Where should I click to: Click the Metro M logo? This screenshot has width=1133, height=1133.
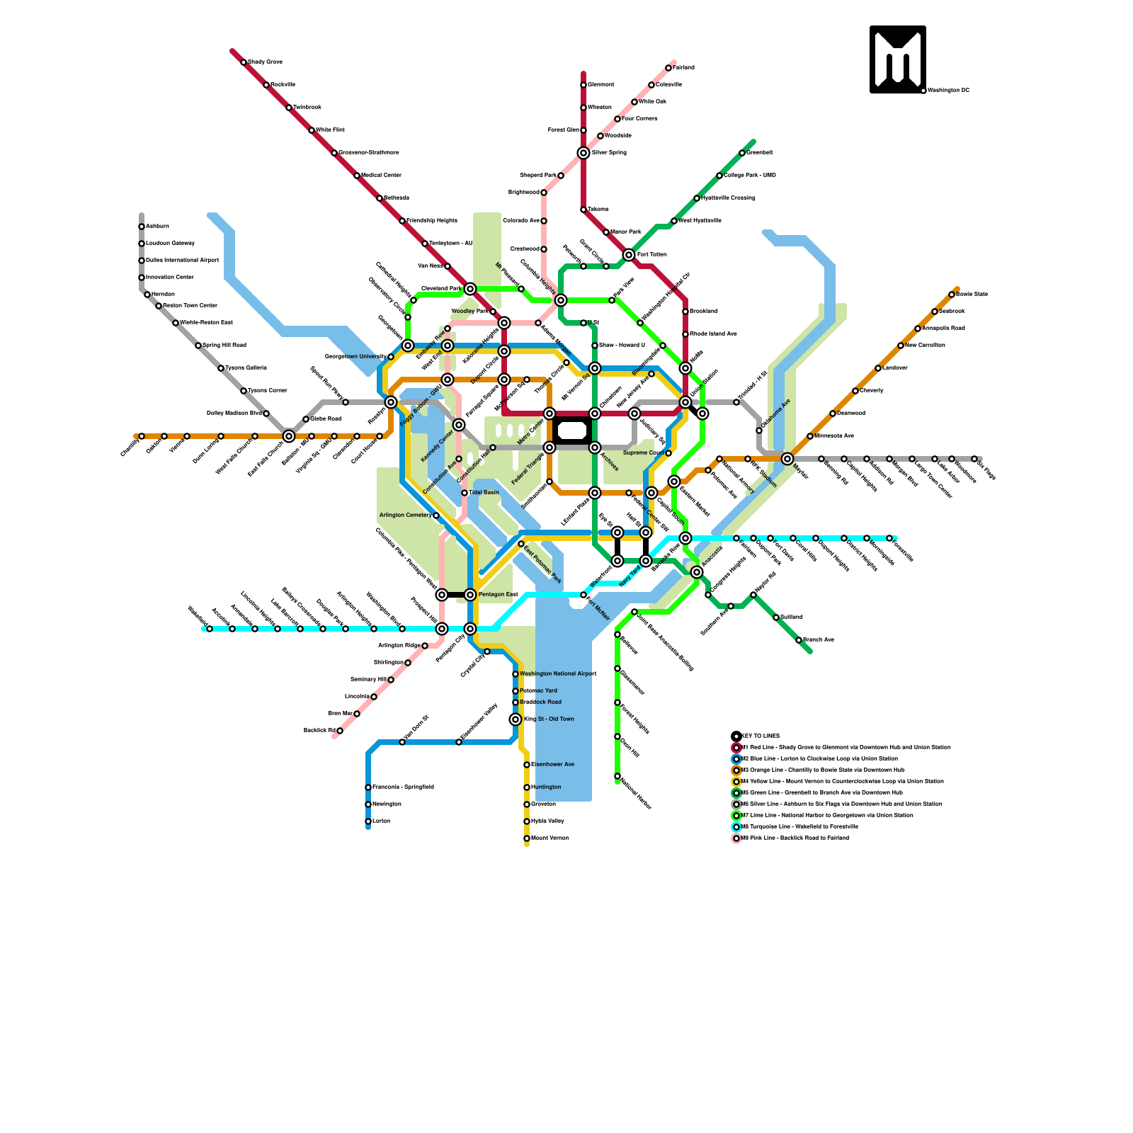click(x=897, y=59)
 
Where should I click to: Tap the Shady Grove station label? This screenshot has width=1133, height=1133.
click(x=265, y=62)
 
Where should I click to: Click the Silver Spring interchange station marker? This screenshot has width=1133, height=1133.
click(x=583, y=153)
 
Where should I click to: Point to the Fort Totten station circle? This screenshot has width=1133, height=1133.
click(x=629, y=255)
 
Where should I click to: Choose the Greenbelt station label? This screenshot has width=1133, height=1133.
click(x=759, y=153)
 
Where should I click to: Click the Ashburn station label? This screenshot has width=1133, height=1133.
click(x=157, y=227)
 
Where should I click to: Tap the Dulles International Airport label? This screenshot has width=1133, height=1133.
click(x=182, y=261)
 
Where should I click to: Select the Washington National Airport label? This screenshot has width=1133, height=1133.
click(x=557, y=674)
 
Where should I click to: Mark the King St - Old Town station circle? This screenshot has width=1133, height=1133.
click(x=516, y=719)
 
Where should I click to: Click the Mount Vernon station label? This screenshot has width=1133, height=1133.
click(x=550, y=838)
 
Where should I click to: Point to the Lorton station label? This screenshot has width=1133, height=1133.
click(x=381, y=821)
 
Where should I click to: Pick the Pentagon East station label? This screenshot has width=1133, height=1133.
click(x=498, y=595)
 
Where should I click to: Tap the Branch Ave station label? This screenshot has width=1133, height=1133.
click(x=818, y=640)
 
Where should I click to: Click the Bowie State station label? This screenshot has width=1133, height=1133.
click(x=972, y=295)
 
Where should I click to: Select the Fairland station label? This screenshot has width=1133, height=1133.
click(x=683, y=68)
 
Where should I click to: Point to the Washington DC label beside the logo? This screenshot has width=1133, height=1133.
click(x=948, y=91)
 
